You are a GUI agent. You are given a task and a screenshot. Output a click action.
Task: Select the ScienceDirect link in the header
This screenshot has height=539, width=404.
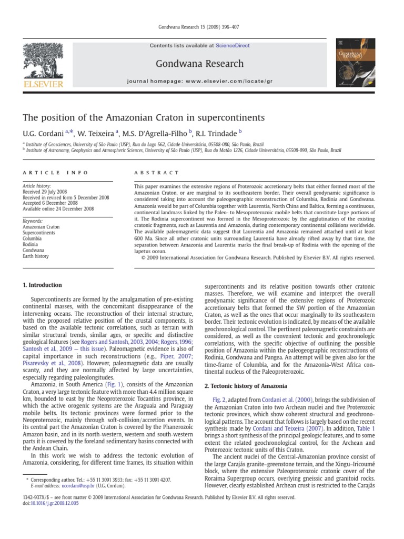pos(230,46)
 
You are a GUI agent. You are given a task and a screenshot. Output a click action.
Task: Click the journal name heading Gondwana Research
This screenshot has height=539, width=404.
pos(199,64)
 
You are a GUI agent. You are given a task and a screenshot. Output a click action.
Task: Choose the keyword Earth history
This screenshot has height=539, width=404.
pos(36,256)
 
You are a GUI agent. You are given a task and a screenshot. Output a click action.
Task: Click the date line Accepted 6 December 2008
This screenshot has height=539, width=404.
pos(50,203)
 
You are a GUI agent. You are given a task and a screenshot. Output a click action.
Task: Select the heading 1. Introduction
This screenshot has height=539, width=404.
pos(43,285)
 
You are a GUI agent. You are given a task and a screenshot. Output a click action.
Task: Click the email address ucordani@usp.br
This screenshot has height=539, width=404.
pos(67,487)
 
